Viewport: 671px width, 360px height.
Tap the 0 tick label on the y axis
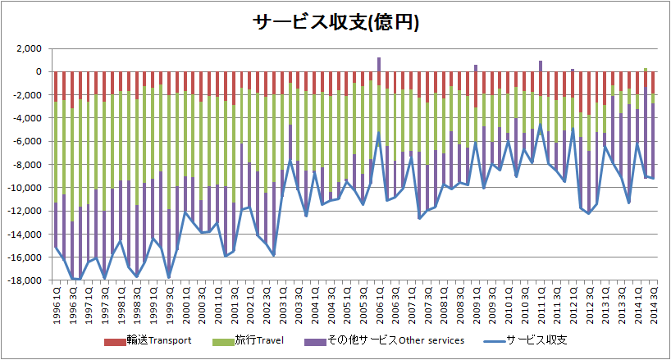click(38, 72)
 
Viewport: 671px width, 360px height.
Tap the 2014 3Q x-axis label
click(653, 304)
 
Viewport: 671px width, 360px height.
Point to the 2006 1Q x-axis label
click(379, 304)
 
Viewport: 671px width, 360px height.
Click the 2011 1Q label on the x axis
click(541, 304)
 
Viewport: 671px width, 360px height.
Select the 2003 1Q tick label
click(282, 304)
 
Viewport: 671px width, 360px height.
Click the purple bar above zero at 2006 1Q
click(379, 65)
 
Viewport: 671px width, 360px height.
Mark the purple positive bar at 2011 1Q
click(541, 66)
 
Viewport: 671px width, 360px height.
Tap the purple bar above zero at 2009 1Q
click(476, 68)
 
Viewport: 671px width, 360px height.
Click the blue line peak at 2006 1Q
click(379, 134)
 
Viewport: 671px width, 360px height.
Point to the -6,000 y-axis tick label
click(26, 142)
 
